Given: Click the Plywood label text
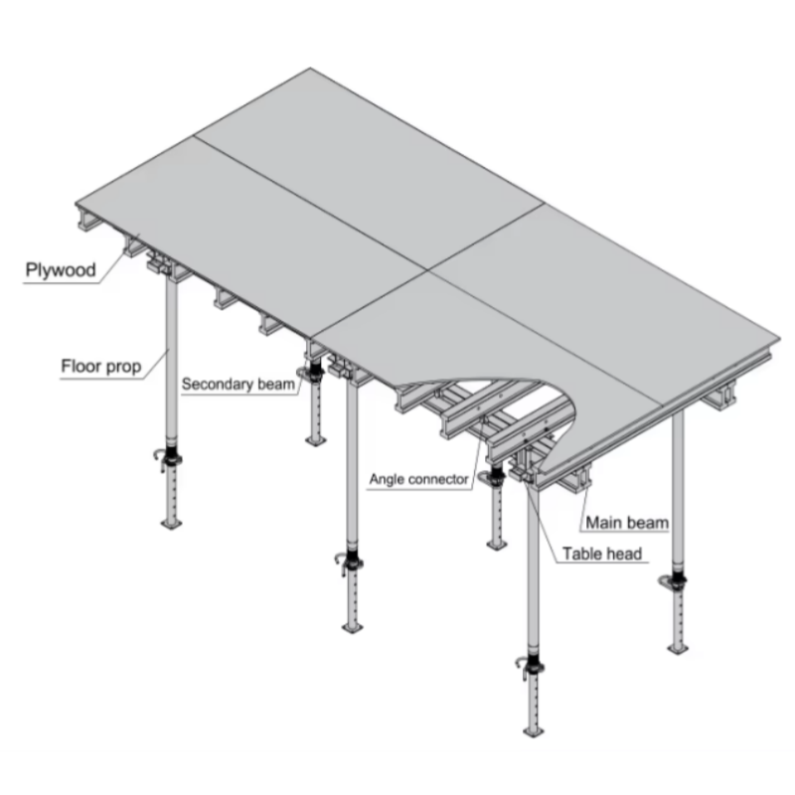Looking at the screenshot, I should coord(59,270).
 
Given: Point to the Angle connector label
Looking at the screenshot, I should coord(418,479).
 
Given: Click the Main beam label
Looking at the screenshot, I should coord(626,522).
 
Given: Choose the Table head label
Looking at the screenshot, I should coord(602,555).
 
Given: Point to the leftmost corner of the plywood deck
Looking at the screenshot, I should coord(80,196).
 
